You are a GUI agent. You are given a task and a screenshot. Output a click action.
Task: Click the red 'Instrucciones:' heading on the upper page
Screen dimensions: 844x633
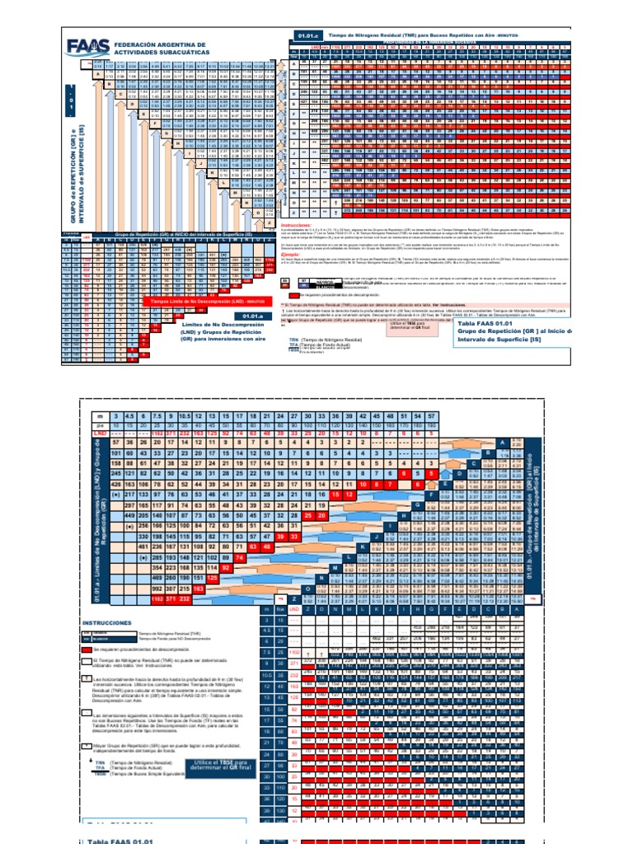point(299,224)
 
